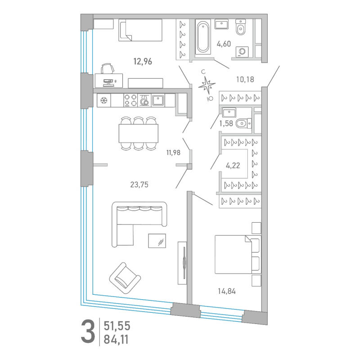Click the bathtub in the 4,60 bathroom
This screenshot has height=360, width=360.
click(203, 37)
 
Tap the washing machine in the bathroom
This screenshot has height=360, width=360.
click(242, 52)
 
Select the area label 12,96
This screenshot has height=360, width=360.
click(143, 62)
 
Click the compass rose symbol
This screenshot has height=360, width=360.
click(207, 85)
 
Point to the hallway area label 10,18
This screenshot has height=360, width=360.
click(245, 80)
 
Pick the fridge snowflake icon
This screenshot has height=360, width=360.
click(104, 100)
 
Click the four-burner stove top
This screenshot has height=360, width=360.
click(130, 100)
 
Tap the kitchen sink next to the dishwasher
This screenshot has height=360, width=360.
click(158, 100)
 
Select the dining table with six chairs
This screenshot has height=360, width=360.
click(139, 133)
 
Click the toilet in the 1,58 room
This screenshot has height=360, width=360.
click(243, 123)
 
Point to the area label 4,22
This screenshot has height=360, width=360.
click(233, 166)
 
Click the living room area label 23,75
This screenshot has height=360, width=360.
click(139, 184)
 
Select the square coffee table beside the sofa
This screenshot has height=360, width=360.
click(157, 241)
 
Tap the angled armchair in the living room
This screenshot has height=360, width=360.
click(125, 278)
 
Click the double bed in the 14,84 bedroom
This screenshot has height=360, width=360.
click(238, 254)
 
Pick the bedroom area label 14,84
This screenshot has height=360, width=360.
click(227, 291)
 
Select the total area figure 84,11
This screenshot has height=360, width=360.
click(116, 340)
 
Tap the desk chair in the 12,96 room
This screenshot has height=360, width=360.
click(108, 68)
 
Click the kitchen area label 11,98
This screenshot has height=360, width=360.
click(173, 153)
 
